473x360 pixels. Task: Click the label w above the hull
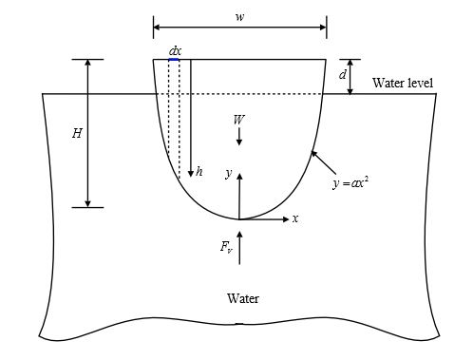(x=238, y=17)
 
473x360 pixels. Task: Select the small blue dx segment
(x=174, y=60)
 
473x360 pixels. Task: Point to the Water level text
(x=403, y=84)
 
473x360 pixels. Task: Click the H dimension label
(x=77, y=134)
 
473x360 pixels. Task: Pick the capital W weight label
(x=238, y=119)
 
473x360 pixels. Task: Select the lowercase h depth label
(x=199, y=172)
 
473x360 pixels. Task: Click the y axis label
(x=228, y=173)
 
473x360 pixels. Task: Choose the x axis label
(x=295, y=218)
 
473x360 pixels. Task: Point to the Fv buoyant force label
(x=226, y=248)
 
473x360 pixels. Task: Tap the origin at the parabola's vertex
(x=239, y=219)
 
